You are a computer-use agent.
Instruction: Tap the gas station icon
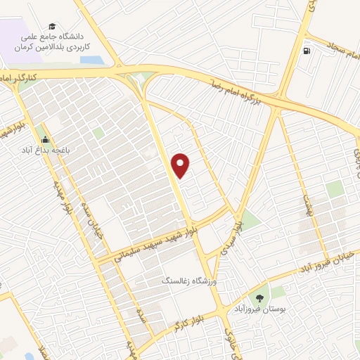pos(307,51)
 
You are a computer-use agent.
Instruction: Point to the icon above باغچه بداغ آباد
pos(46,139)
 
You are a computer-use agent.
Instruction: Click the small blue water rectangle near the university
pos(91,60)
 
